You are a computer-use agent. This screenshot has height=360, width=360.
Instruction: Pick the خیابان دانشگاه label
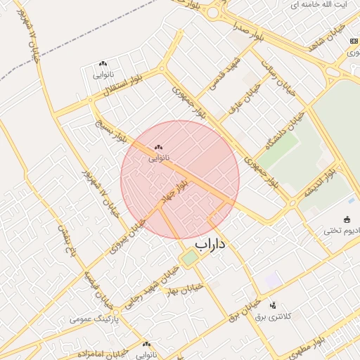click(281, 134)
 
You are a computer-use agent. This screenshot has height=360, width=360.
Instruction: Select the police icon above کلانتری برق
click(273, 304)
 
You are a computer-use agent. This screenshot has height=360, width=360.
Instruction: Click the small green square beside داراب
click(190, 258)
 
